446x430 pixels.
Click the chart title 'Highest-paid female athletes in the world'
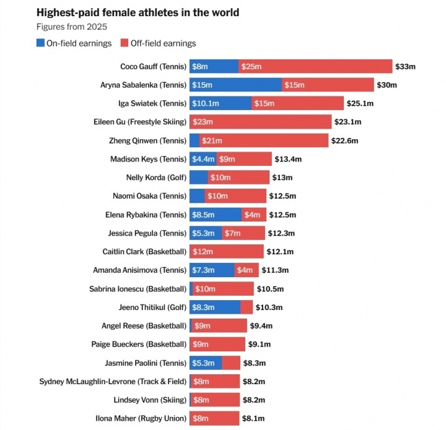pyautogui.click(x=138, y=12)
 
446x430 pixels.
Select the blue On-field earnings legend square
pyautogui.click(x=41, y=43)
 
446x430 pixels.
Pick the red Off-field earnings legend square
pyautogui.click(x=123, y=43)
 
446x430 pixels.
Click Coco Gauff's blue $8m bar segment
pyautogui.click(x=214, y=66)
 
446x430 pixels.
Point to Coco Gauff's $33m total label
pyautogui.click(x=406, y=66)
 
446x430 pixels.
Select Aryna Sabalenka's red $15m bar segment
pyautogui.click(x=328, y=85)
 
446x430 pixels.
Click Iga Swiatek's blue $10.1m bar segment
pyautogui.click(x=221, y=103)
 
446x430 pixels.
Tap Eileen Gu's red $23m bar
pyautogui.click(x=260, y=122)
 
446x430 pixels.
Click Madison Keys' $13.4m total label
pyautogui.click(x=288, y=159)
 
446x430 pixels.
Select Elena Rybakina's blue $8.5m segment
pyautogui.click(x=215, y=215)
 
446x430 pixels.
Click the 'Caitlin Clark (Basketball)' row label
pyautogui.click(x=144, y=252)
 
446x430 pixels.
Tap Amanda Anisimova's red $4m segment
pyautogui.click(x=247, y=270)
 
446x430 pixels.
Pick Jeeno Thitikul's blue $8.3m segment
pyautogui.click(x=214, y=307)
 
